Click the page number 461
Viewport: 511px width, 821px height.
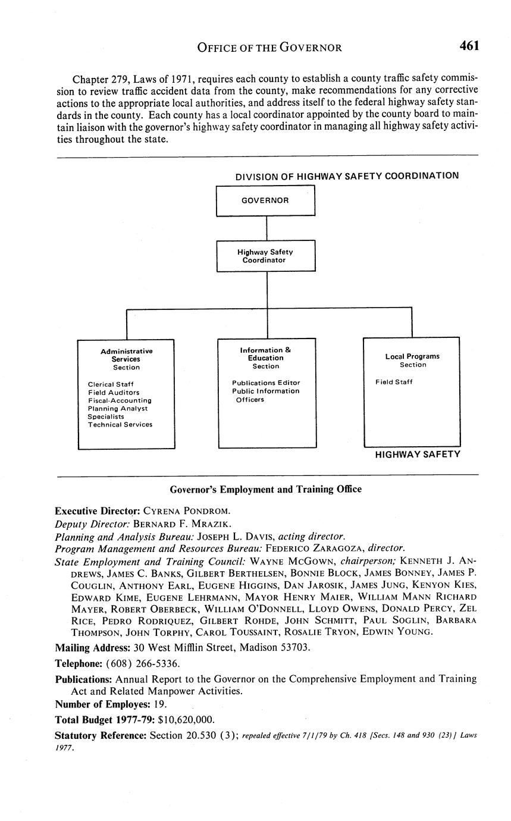pyautogui.click(x=468, y=46)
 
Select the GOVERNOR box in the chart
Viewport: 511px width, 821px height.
pyautogui.click(x=265, y=200)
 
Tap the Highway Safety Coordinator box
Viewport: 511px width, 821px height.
pyautogui.click(x=265, y=256)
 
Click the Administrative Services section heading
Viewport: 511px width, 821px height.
pyautogui.click(x=126, y=355)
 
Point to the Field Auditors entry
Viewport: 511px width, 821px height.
pyautogui.click(x=114, y=393)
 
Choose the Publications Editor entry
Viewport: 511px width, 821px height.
pyautogui.click(x=266, y=383)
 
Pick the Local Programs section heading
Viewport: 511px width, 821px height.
pyautogui.click(x=412, y=356)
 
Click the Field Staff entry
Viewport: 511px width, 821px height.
pyautogui.click(x=394, y=382)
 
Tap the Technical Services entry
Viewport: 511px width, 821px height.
pyautogui.click(x=120, y=425)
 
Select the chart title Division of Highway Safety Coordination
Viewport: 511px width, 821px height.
pyautogui.click(x=347, y=176)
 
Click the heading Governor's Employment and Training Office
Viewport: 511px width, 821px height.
pyautogui.click(x=266, y=490)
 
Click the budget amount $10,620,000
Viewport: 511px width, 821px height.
pyautogui.click(x=186, y=719)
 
